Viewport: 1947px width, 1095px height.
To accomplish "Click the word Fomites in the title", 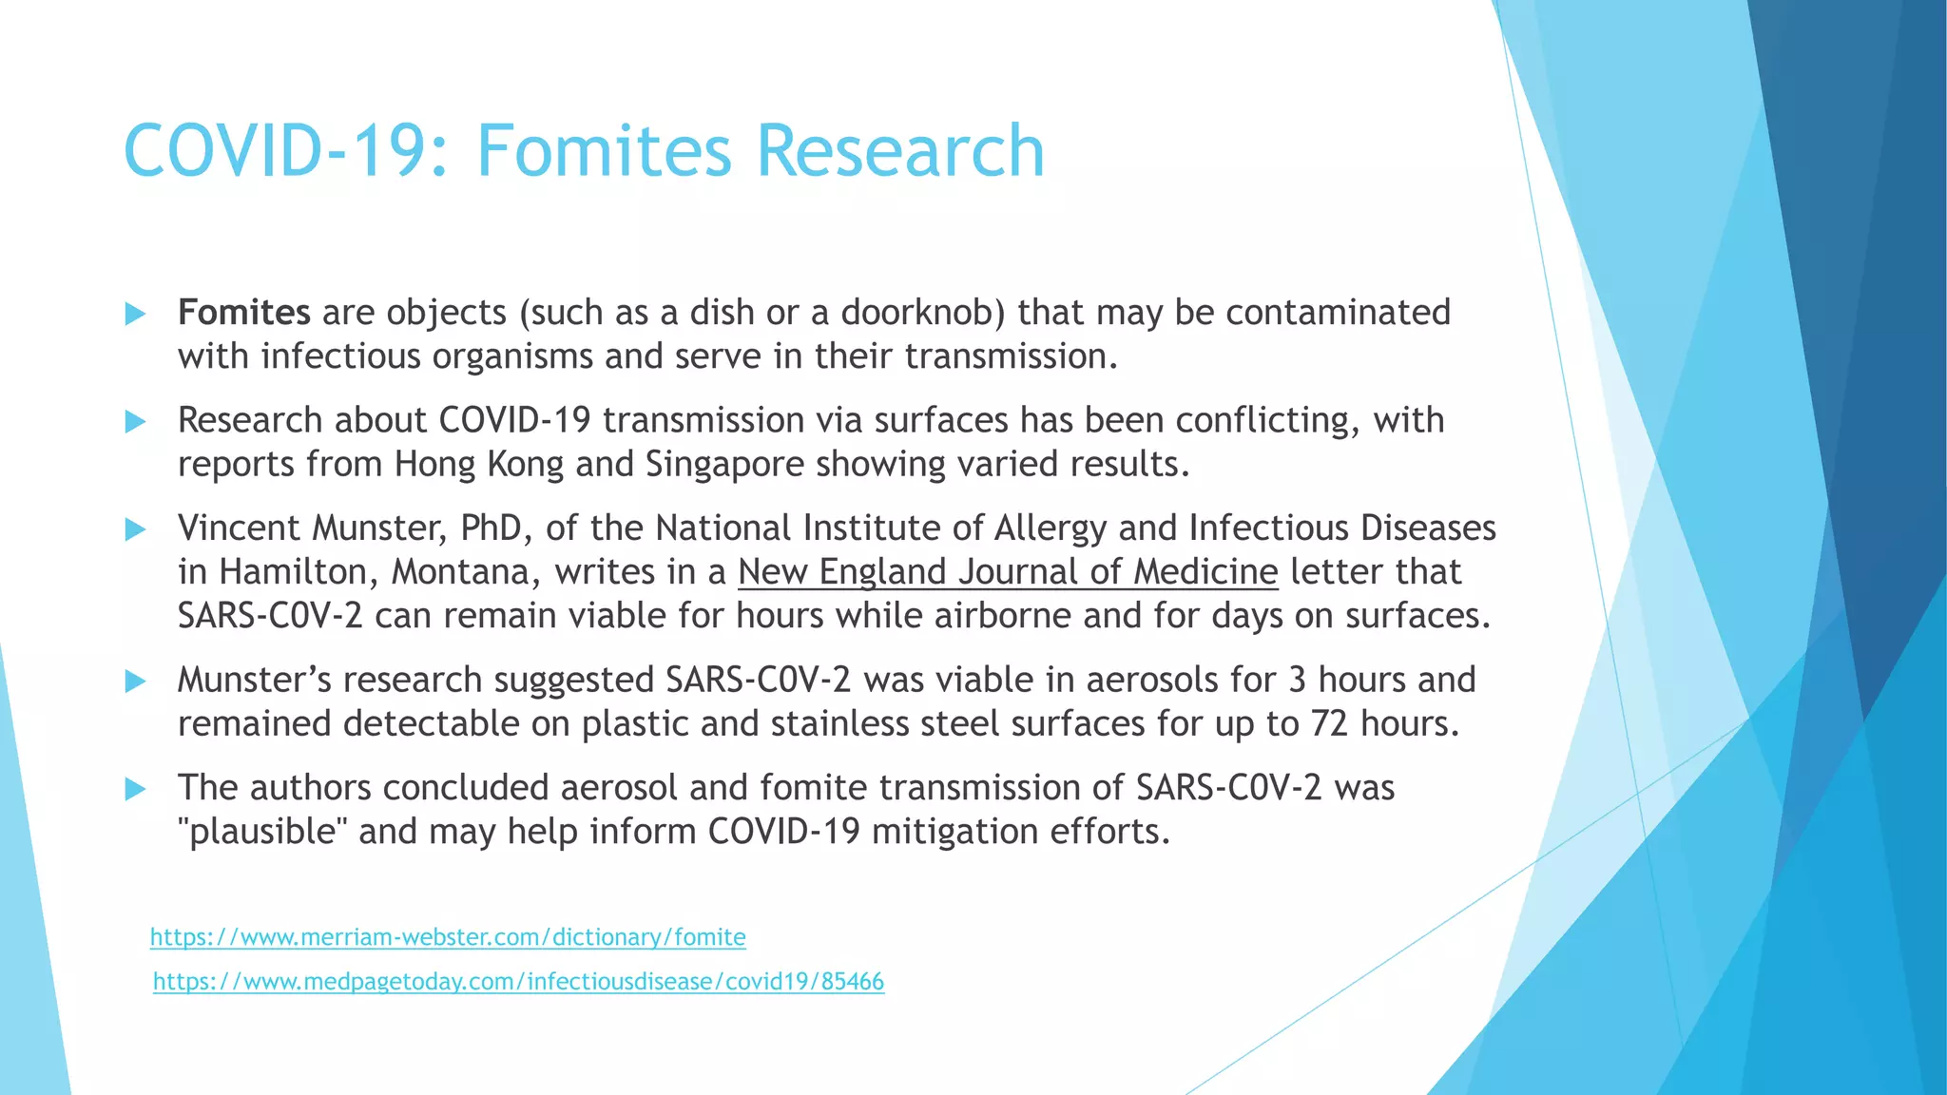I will (x=604, y=150).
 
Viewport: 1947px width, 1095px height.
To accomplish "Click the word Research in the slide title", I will (x=900, y=150).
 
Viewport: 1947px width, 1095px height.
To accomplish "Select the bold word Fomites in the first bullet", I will (x=243, y=313).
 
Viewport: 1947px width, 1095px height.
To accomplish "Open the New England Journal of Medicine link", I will (x=1008, y=572).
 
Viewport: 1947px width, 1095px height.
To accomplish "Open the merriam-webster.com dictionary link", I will (x=448, y=937).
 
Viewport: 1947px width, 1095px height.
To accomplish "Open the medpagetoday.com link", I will (x=518, y=982).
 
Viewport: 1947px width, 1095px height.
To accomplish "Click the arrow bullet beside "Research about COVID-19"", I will (x=135, y=421).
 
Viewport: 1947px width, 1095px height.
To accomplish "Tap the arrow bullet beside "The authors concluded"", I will (x=135, y=789).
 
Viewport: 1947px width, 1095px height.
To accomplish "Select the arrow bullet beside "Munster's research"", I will (x=135, y=681).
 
